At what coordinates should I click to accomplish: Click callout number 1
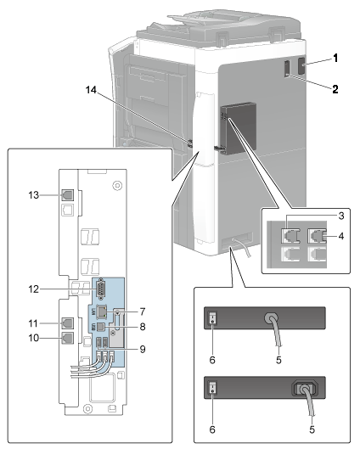(x=335, y=58)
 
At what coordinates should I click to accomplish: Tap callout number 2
(x=335, y=89)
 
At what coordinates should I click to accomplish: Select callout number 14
(x=91, y=90)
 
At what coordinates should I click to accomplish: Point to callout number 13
(x=33, y=195)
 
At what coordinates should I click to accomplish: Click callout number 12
(x=33, y=289)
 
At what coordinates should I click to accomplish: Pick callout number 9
(x=143, y=349)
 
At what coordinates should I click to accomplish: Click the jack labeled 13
(x=68, y=195)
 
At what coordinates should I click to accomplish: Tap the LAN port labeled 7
(x=102, y=311)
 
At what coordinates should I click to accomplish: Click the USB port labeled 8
(x=100, y=327)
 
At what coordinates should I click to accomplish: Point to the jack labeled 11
(x=68, y=323)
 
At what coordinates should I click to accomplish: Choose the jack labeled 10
(x=68, y=338)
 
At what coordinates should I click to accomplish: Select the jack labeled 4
(x=317, y=235)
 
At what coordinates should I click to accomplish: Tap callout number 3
(x=341, y=216)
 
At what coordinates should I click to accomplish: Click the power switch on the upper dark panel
(x=212, y=317)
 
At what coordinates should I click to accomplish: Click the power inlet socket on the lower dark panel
(x=305, y=388)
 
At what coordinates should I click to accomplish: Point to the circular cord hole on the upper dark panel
(x=271, y=317)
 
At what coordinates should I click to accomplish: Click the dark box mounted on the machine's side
(x=238, y=128)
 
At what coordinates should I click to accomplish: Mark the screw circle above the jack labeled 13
(x=117, y=186)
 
